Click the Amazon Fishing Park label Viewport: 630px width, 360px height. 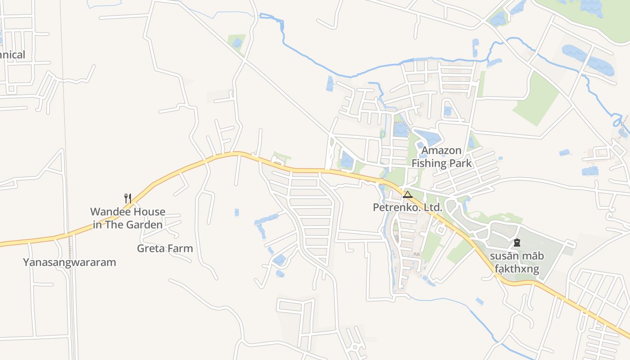coord(441,157)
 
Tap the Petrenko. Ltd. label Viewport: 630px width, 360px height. coord(408,207)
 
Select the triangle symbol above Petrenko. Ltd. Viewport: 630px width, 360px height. coord(408,194)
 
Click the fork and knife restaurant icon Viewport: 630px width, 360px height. coord(128,198)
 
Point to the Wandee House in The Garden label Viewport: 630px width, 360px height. coord(128,218)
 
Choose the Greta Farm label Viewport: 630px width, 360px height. coord(165,248)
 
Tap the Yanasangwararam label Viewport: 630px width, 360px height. coord(69,262)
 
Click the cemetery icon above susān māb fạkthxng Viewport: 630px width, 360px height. coord(517,243)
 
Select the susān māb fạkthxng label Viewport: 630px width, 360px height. coord(517,263)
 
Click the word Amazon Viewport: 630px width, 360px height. coord(441,150)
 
